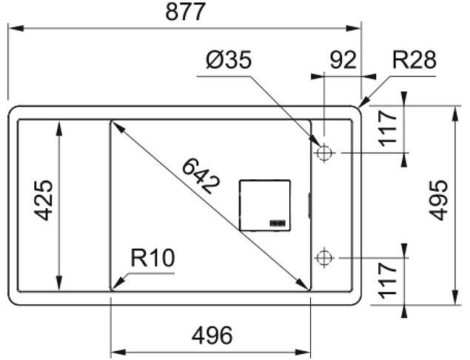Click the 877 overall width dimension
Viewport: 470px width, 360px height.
186,12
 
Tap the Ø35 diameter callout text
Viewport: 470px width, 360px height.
229,60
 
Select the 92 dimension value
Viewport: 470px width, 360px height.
343,60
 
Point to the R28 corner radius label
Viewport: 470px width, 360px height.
414,60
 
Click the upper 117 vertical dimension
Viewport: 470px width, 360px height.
387,128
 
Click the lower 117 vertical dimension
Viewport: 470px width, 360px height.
387,281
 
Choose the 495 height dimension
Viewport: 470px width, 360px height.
438,201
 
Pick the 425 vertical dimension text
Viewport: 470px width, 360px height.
43,201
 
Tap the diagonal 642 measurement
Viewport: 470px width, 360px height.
201,176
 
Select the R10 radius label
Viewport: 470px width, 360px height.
152,258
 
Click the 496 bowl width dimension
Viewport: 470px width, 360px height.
212,335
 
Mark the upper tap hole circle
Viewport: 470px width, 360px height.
324,153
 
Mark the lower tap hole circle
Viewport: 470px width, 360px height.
324,258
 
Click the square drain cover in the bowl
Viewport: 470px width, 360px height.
265,205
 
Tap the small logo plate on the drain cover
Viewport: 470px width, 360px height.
278,223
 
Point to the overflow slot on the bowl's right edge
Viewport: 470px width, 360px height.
309,205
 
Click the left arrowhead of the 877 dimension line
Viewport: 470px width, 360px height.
16,28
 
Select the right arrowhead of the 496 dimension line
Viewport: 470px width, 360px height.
303,352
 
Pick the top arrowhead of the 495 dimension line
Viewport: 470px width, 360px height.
455,114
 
